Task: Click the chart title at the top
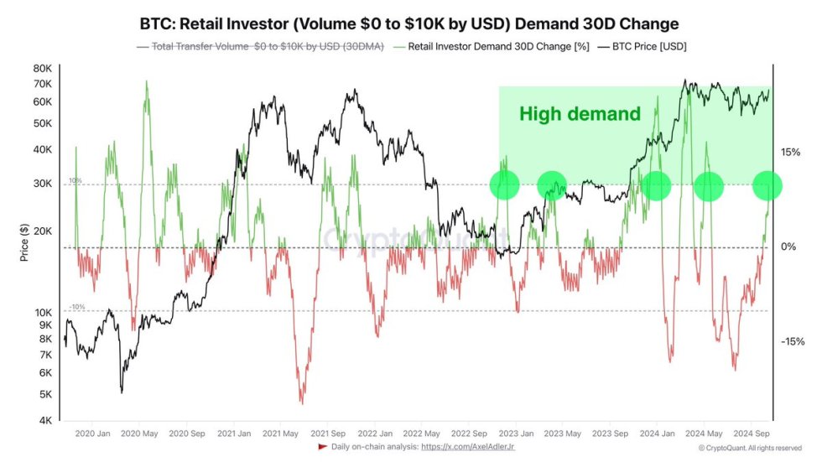[x=410, y=23]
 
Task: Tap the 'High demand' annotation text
[x=580, y=114]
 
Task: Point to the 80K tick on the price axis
[x=42, y=68]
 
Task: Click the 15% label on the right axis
[x=792, y=152]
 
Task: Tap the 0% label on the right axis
[x=788, y=247]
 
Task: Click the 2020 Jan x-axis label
[x=92, y=433]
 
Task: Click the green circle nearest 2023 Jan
[x=505, y=185]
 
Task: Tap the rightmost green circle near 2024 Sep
[x=767, y=185]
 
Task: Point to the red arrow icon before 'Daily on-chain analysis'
[x=323, y=447]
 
